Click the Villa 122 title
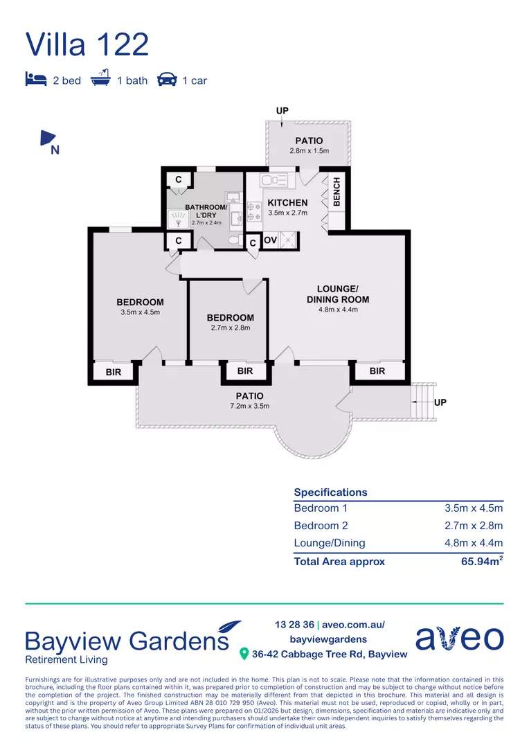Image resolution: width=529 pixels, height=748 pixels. pyautogui.click(x=87, y=44)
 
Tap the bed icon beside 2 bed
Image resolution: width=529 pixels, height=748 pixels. pyautogui.click(x=36, y=79)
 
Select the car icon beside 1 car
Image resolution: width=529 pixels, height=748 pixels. pyautogui.click(x=167, y=79)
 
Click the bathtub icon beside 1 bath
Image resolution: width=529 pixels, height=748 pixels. pyautogui.click(x=100, y=78)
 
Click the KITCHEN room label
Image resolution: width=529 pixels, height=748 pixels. pyautogui.click(x=287, y=203)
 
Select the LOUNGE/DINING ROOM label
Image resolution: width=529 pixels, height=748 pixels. pyautogui.click(x=338, y=294)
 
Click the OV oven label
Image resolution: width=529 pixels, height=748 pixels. pyautogui.click(x=271, y=240)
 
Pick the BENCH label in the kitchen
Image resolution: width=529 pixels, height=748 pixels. pyautogui.click(x=337, y=192)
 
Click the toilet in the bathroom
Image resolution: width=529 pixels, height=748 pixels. pyautogui.click(x=235, y=240)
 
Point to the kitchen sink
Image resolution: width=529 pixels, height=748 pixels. pyautogui.click(x=274, y=180)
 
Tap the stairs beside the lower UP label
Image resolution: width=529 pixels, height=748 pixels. pyautogui.click(x=424, y=402)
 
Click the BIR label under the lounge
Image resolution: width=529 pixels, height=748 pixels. pyautogui.click(x=377, y=371)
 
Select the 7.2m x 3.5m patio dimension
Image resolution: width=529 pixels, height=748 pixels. pyautogui.click(x=249, y=407)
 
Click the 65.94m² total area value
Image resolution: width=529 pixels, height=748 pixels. pyautogui.click(x=482, y=561)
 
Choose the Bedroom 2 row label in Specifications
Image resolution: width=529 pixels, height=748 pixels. pyautogui.click(x=321, y=526)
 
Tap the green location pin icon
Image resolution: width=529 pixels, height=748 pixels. pyautogui.click(x=244, y=654)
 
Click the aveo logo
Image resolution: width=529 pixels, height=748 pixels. pyautogui.click(x=459, y=637)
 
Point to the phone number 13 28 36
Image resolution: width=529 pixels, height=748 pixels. pyautogui.click(x=294, y=625)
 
